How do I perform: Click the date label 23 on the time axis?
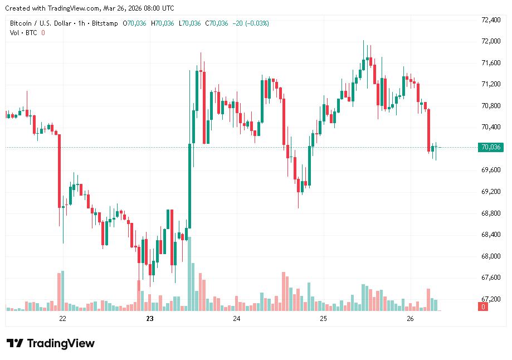point(149,319)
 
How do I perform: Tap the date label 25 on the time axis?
point(323,319)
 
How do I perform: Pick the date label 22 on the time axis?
point(62,319)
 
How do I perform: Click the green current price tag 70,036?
point(490,148)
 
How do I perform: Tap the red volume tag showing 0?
point(484,307)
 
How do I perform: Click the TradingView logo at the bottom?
point(50,343)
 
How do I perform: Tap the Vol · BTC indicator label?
point(23,33)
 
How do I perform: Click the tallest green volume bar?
point(189,274)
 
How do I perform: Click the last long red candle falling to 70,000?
point(429,130)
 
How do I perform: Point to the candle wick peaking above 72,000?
point(363,50)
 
